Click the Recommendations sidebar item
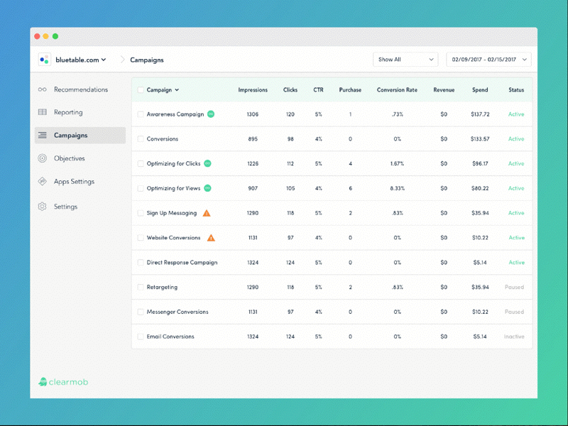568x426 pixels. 80,89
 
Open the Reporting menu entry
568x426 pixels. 68,112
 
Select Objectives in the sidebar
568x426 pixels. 69,158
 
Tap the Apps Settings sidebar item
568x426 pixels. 74,182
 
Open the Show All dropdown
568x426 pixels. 405,60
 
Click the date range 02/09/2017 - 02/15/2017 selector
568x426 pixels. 488,60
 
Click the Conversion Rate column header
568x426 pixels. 397,90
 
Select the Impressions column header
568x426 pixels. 253,90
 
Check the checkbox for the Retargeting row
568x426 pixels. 141,288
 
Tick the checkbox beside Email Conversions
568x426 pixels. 141,337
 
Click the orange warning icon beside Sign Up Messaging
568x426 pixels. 207,213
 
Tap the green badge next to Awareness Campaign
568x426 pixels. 211,114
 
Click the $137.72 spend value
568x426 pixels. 480,114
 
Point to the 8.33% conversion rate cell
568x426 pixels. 397,188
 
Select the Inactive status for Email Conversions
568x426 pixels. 514,337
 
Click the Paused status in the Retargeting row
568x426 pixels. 514,288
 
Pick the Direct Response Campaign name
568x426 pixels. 182,263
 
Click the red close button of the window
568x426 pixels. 36,36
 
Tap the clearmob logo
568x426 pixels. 63,382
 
